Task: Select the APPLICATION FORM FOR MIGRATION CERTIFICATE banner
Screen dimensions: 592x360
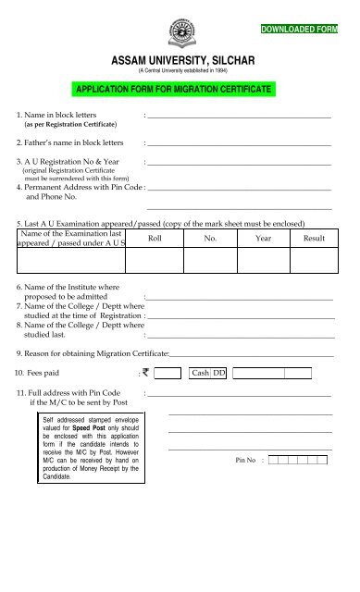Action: pyautogui.click(x=180, y=90)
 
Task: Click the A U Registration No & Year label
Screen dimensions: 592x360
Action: pyautogui.click(x=69, y=162)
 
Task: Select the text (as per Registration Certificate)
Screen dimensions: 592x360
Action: pyautogui.click(x=69, y=124)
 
